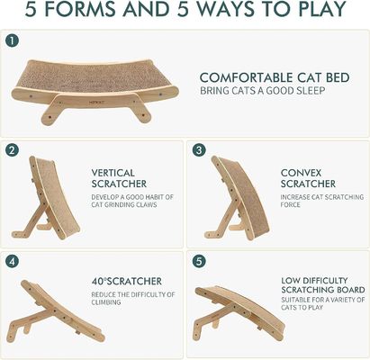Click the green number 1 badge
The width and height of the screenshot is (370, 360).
pyautogui.click(x=12, y=40)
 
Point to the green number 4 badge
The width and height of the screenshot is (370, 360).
pyautogui.click(x=12, y=262)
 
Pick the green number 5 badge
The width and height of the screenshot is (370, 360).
pyautogui.click(x=199, y=262)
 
